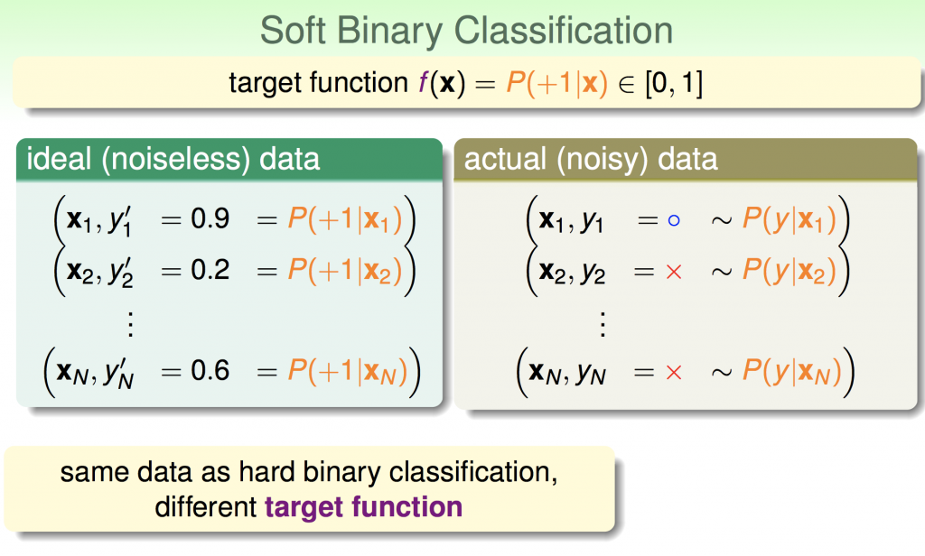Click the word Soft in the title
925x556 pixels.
[293, 30]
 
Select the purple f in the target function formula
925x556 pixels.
[424, 82]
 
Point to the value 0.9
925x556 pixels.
[210, 218]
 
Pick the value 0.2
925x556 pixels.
[210, 270]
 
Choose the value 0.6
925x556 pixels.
[210, 370]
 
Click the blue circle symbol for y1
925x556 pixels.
[674, 220]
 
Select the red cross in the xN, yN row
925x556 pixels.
[674, 372]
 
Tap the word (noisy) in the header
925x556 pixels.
[600, 160]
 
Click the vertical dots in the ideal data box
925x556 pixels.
[131, 324]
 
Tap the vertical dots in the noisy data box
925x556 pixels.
[603, 324]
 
